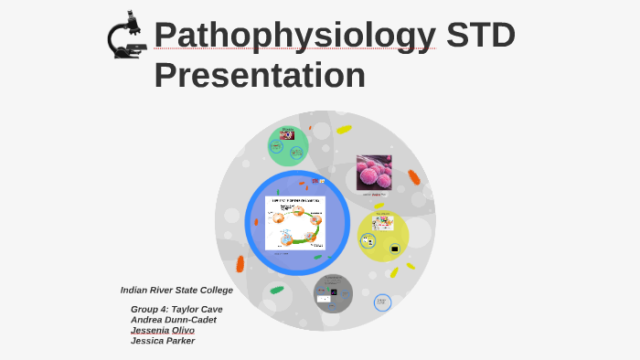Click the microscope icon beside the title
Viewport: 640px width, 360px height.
(126, 36)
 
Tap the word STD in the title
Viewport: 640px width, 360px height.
(480, 36)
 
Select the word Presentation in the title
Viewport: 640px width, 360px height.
(260, 75)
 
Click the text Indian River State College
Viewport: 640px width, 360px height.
(176, 290)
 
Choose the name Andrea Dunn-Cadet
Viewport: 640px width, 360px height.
(174, 320)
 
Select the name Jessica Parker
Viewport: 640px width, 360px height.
(163, 341)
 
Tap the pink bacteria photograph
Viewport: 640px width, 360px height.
(374, 173)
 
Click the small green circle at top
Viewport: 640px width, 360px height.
(288, 144)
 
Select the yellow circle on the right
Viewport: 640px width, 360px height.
(382, 236)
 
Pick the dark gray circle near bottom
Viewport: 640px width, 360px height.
(333, 293)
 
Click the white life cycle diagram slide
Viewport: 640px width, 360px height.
(295, 223)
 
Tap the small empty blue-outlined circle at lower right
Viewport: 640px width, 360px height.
(382, 302)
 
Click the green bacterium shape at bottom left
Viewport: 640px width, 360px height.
(277, 290)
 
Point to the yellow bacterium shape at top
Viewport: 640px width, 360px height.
(344, 130)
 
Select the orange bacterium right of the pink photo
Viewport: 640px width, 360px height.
(414, 177)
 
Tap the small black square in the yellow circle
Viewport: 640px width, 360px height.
(395, 249)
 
